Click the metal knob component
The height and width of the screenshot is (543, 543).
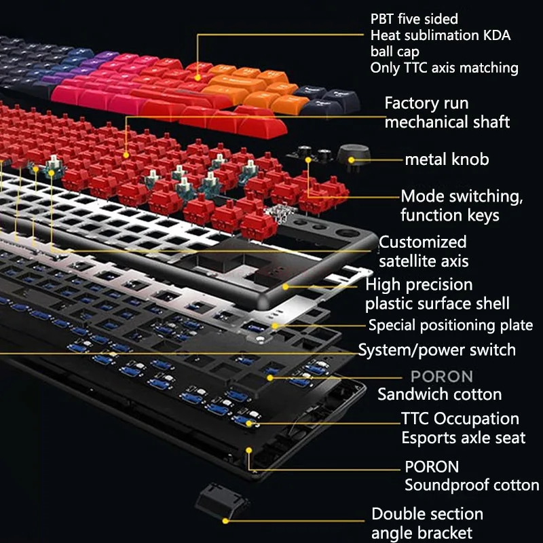(353, 157)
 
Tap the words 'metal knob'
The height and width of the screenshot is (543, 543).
(447, 160)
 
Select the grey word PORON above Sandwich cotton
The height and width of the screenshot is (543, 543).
(442, 377)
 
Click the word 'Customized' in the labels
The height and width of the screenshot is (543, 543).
(422, 242)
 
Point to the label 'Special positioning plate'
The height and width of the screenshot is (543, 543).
(451, 325)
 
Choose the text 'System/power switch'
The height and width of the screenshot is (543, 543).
(437, 350)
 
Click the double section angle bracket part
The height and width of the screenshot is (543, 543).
(222, 502)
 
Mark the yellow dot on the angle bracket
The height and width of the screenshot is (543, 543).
(225, 521)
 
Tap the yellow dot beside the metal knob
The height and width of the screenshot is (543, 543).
(351, 160)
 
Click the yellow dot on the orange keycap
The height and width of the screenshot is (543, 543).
(198, 78)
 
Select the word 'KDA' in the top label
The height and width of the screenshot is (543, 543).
(496, 35)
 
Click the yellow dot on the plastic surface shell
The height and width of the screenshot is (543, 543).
(285, 286)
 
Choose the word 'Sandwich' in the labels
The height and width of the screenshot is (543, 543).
(411, 394)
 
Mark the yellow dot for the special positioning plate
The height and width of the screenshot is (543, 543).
(275, 326)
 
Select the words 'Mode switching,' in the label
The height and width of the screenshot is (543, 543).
(462, 197)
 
